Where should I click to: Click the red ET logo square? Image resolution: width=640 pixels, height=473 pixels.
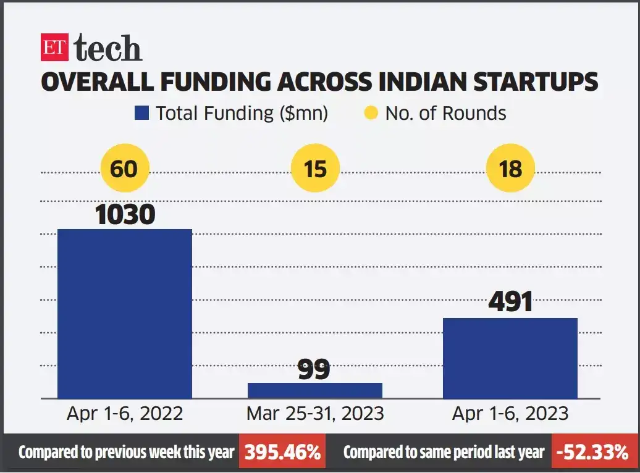(x=54, y=48)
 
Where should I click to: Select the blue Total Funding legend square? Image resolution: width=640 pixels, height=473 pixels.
(x=142, y=114)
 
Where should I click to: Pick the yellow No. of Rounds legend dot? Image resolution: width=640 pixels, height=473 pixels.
(x=371, y=114)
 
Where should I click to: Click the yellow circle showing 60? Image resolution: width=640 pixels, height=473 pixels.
(x=124, y=168)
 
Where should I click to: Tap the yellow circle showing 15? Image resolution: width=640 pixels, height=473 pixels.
(x=315, y=168)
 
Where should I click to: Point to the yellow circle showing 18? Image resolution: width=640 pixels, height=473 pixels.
(x=510, y=168)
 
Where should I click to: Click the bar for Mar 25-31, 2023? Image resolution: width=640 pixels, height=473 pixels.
(x=315, y=390)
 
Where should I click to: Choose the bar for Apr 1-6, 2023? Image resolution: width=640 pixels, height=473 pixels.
(x=510, y=358)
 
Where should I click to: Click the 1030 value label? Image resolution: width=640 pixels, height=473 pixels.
(x=124, y=214)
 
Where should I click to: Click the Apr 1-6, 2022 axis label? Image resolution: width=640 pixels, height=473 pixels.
(x=125, y=414)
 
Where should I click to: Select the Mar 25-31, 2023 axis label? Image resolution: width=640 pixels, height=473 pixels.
(x=315, y=414)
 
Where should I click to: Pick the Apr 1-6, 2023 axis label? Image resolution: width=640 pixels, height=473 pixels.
(x=510, y=414)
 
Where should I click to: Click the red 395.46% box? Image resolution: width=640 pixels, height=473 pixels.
(x=283, y=453)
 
